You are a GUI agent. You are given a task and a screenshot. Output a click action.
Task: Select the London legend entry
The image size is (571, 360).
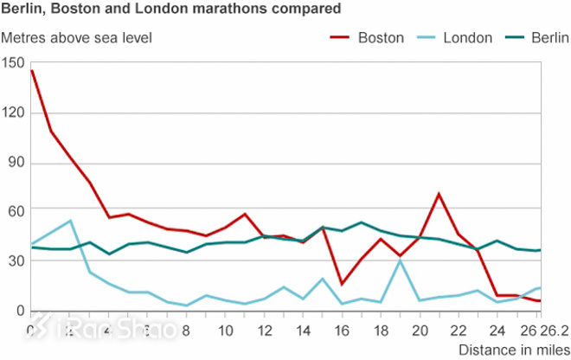click(x=468, y=38)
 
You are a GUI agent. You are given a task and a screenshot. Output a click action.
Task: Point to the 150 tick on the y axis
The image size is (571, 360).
click(x=15, y=63)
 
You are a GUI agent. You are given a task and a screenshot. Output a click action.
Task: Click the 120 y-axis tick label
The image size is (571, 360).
click(x=15, y=113)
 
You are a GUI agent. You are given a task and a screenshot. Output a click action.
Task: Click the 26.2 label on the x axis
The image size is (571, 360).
click(x=553, y=331)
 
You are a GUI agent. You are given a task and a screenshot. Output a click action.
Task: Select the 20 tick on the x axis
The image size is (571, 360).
click(x=420, y=331)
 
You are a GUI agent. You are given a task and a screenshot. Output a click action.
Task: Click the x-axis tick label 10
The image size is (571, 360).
click(x=224, y=331)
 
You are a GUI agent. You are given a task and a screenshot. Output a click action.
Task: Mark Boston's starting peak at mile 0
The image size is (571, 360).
click(x=31, y=71)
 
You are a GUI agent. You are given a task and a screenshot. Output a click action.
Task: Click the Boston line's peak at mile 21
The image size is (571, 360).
click(x=439, y=194)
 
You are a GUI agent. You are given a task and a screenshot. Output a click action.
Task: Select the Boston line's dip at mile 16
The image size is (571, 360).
click(x=342, y=284)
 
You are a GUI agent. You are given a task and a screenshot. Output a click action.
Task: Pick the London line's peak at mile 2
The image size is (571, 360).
click(x=70, y=221)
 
